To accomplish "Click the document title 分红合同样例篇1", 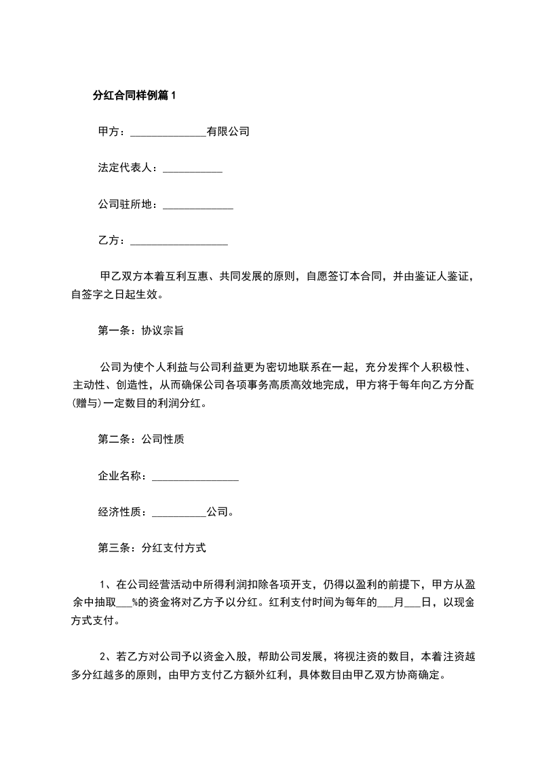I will pyautogui.click(x=134, y=96).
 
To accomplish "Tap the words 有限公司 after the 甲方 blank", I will pyautogui.click(x=228, y=132).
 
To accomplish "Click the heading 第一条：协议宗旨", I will pyautogui.click(x=142, y=331).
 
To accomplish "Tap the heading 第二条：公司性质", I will pyautogui.click(x=142, y=439).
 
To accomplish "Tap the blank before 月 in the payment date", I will pyautogui.click(x=385, y=603).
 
